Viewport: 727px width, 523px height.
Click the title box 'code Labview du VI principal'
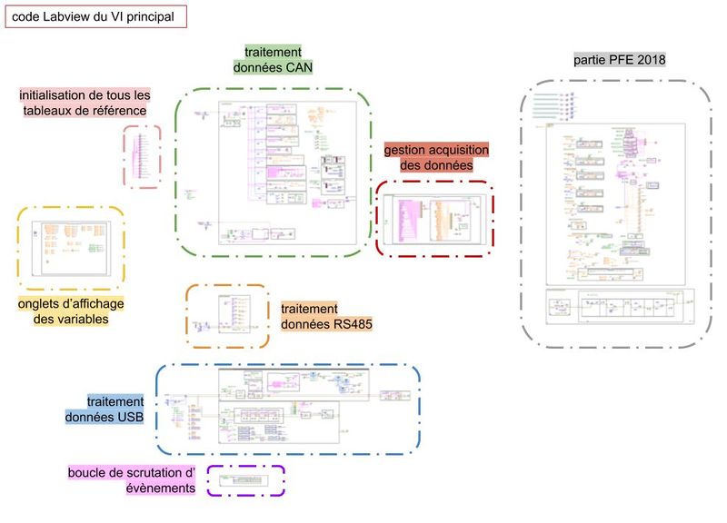(95, 16)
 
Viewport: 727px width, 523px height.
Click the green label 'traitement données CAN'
(274, 60)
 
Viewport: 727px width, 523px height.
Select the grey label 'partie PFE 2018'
(620, 60)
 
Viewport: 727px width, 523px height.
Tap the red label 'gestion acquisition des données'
(436, 158)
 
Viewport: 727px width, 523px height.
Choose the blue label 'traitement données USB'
(105, 410)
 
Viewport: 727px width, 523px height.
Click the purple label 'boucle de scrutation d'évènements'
(132, 480)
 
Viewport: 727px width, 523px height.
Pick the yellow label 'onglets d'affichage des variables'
(71, 311)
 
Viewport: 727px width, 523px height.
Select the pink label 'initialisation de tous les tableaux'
(85, 103)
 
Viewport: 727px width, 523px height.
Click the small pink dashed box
(143, 156)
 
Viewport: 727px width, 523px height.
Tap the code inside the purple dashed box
(245, 479)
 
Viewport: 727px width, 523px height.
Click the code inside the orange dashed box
(227, 315)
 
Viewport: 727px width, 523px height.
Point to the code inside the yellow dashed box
(71, 247)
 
